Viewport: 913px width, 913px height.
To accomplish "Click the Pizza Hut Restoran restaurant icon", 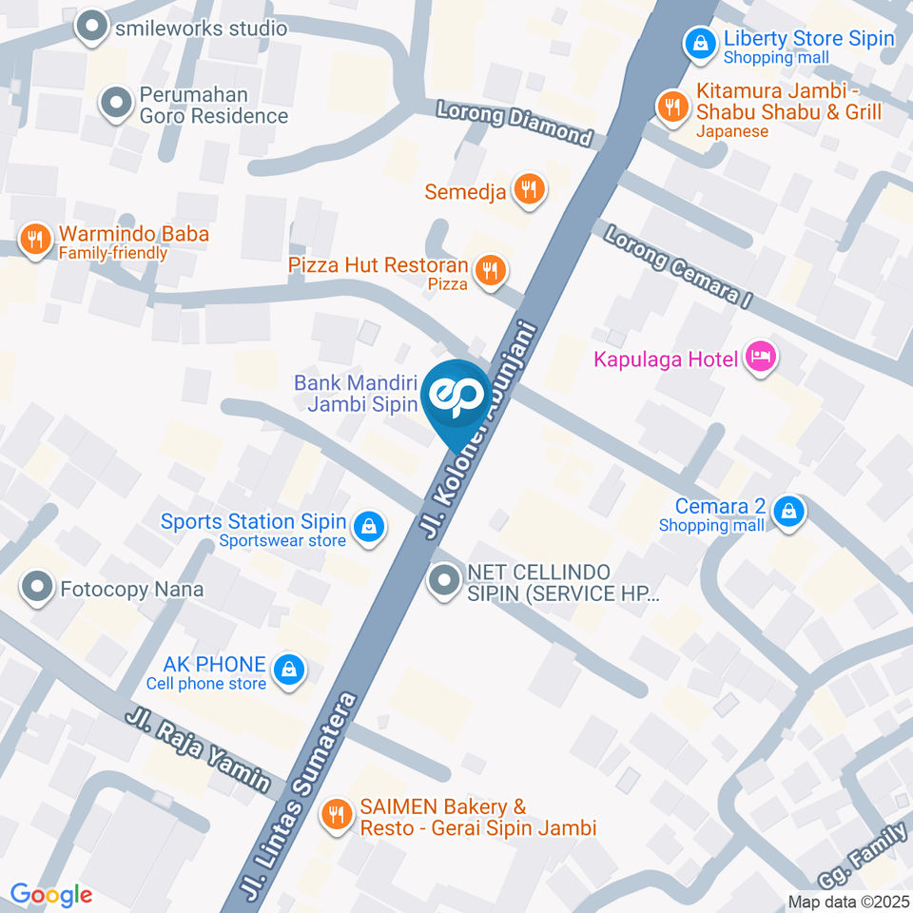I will point(490,271).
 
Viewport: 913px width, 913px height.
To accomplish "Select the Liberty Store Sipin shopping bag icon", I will point(700,43).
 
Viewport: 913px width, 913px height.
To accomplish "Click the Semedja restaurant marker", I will point(528,189).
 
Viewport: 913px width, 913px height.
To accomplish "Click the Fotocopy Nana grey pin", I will point(37,588).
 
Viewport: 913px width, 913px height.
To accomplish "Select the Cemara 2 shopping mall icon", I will point(788,513).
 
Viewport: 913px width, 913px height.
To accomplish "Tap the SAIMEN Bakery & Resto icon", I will point(335,814).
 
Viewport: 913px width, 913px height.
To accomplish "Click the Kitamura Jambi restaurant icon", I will point(672,107).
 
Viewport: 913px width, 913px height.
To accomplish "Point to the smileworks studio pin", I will point(92,28).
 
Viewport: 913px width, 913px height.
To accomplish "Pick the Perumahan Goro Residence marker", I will point(115,103).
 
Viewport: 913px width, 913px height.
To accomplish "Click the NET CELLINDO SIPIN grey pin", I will point(443,580).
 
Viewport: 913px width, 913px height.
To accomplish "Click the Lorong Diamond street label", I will point(514,122).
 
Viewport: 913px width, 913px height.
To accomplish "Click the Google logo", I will point(51,894).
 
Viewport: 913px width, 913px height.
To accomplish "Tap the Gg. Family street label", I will point(861,855).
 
